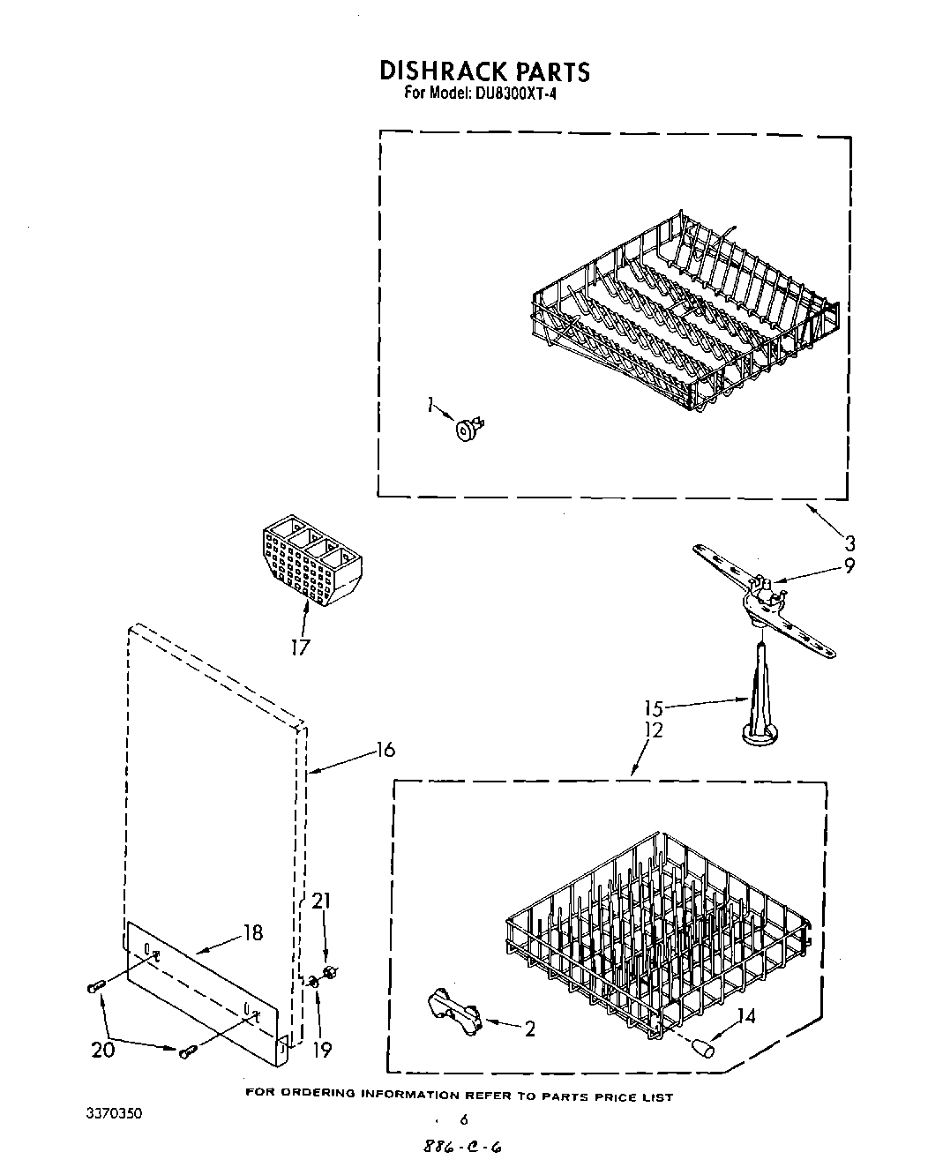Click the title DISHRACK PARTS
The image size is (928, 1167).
click(483, 71)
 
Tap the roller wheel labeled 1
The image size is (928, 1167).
click(464, 430)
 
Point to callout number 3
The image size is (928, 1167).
click(850, 543)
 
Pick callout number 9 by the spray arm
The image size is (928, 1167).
click(849, 565)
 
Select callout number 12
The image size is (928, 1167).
click(654, 730)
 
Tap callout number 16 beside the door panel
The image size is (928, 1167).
click(385, 750)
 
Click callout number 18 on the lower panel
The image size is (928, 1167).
click(253, 932)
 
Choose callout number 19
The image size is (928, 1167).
click(322, 1050)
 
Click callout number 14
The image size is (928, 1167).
click(745, 1016)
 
